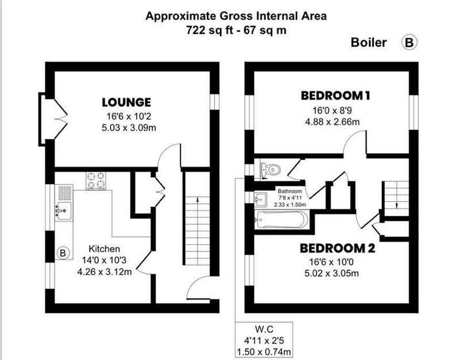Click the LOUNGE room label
pyautogui.click(x=126, y=102)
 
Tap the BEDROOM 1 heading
pyautogui.click(x=335, y=95)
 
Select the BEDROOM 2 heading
pyautogui.click(x=338, y=248)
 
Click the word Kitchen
pyautogui.click(x=104, y=249)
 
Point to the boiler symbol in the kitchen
pyautogui.click(x=63, y=252)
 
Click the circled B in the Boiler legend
pyautogui.click(x=409, y=43)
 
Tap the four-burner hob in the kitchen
pyautogui.click(x=96, y=180)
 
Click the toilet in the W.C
pyautogui.click(x=270, y=170)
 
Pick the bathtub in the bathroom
pyautogui.click(x=282, y=220)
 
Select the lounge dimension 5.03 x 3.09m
pyautogui.click(x=129, y=128)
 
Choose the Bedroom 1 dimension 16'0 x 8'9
pyautogui.click(x=332, y=110)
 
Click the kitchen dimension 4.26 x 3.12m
pyautogui.click(x=105, y=271)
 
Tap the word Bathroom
pyautogui.click(x=290, y=191)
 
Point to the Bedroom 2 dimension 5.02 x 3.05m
pyautogui.click(x=332, y=273)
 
